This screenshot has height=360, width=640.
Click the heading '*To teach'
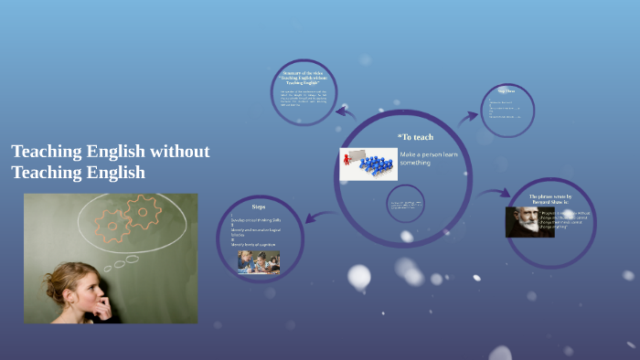(x=415, y=137)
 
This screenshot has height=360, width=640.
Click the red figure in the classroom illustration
(x=347, y=161)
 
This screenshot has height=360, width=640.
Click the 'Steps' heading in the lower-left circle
(x=259, y=207)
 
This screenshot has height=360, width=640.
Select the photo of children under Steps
(x=259, y=262)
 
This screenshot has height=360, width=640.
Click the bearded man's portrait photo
(x=528, y=221)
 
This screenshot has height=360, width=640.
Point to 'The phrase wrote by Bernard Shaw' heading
(x=550, y=199)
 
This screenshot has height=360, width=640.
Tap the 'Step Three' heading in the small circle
(x=507, y=91)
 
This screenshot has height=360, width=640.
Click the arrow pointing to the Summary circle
(x=346, y=111)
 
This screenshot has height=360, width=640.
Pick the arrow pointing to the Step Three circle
(x=468, y=116)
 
